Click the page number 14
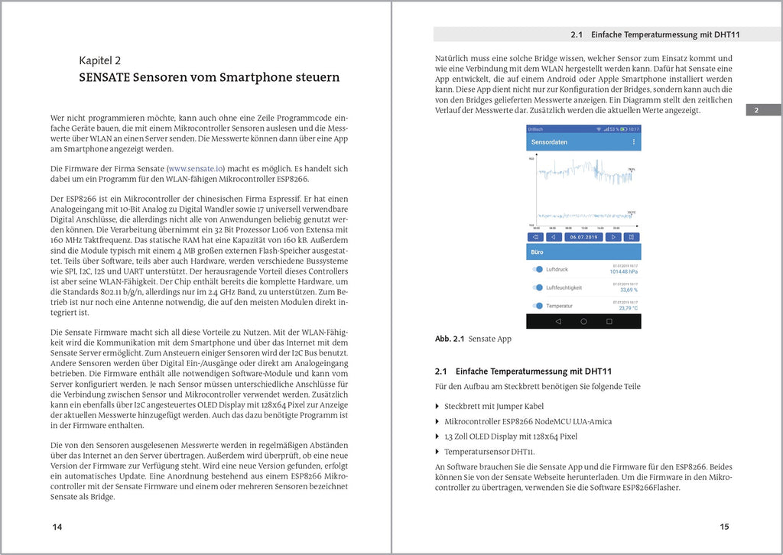point(57,527)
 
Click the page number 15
point(724,527)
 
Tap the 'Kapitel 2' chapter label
point(100,60)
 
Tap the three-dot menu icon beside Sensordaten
point(633,142)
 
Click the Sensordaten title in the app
point(549,142)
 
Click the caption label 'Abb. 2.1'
point(450,339)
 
